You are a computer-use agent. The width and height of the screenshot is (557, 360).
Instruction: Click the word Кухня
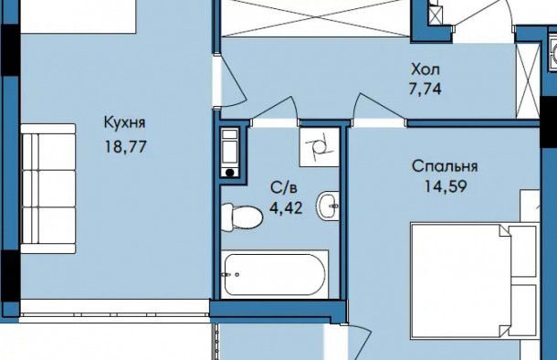pos(125,122)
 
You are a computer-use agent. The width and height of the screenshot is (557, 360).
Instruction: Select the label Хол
pos(426,69)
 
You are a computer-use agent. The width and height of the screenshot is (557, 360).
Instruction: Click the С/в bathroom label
pos(282,188)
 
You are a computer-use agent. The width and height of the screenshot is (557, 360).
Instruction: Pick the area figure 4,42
pos(282,207)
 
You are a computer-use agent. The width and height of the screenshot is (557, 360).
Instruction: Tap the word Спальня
pos(445,167)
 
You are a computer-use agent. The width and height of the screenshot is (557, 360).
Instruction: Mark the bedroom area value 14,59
pos(445,187)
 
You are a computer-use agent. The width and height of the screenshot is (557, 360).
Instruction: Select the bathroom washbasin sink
pos(330,207)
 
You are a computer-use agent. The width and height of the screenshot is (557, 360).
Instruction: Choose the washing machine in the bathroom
pos(230,153)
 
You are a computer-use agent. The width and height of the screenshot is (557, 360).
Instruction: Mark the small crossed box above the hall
pos(436,15)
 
